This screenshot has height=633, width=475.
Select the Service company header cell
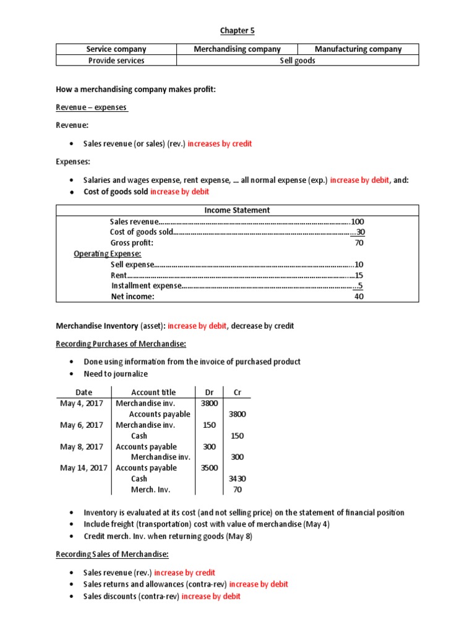point(116,49)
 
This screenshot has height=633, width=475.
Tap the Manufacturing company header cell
point(357,49)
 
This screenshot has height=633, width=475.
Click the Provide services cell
point(116,61)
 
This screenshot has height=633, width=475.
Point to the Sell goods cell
point(297,61)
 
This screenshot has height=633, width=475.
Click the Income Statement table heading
point(237,210)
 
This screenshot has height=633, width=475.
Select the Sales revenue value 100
point(357,221)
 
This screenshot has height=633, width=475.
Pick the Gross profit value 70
point(359,243)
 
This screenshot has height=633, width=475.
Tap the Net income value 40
point(359,296)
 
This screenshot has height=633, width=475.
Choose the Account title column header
point(153,392)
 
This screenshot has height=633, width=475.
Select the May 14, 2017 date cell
point(83,468)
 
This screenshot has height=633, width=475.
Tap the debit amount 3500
point(209,468)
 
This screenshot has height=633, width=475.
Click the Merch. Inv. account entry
point(150,490)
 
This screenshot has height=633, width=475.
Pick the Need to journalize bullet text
point(116,373)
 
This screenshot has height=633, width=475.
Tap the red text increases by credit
point(220,143)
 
